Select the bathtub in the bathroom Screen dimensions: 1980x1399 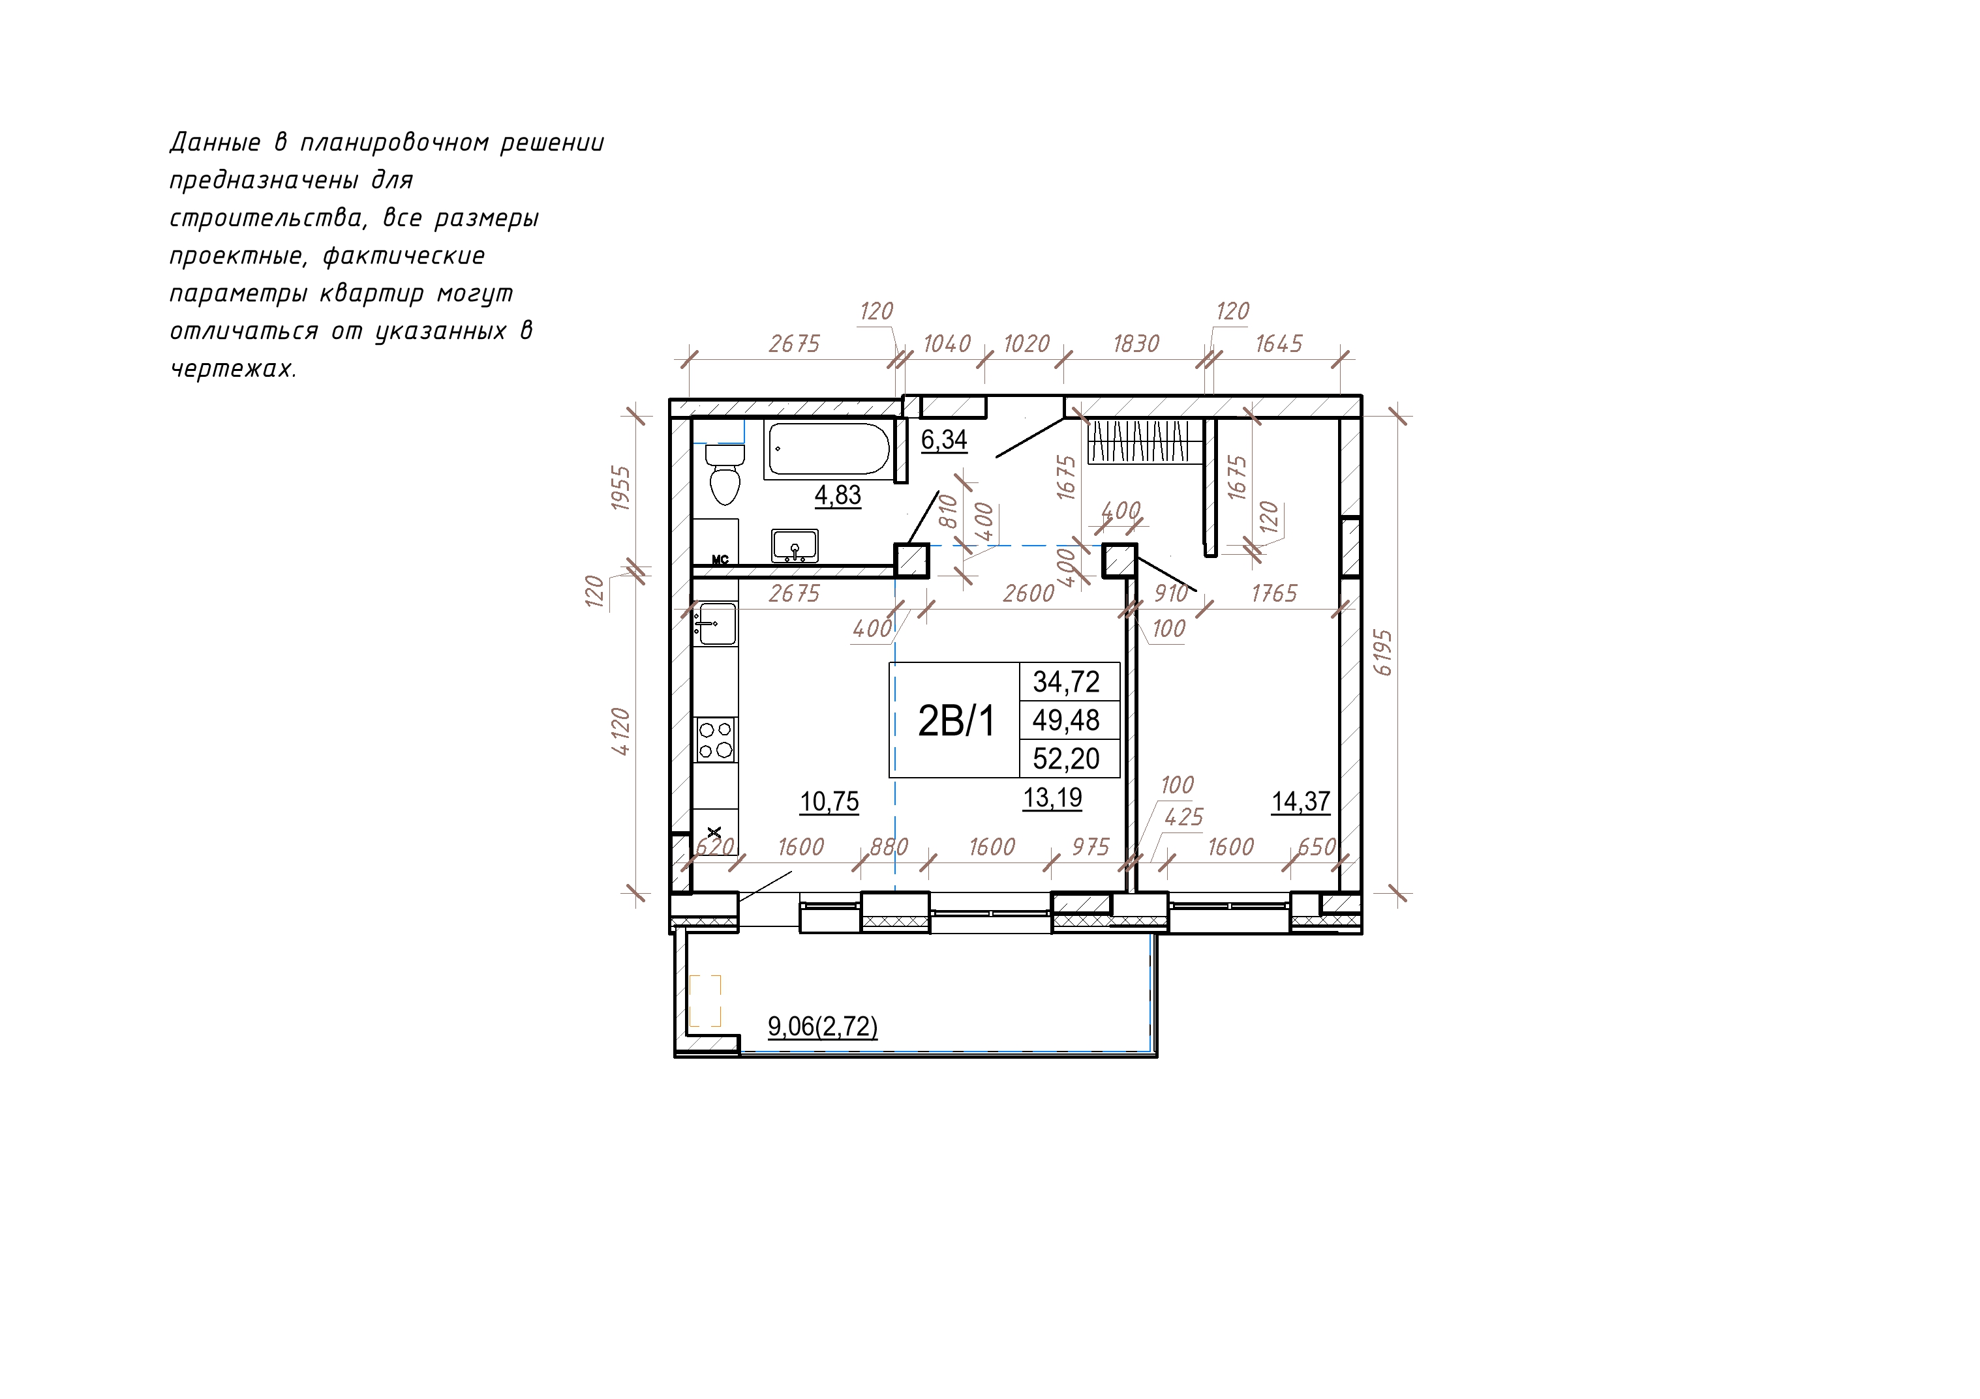point(828,449)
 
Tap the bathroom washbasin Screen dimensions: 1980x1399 point(794,546)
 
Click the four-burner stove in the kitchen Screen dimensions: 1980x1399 point(716,739)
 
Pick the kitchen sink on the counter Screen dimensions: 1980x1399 point(716,623)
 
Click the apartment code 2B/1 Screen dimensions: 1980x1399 point(956,720)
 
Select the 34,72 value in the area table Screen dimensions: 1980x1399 point(1067,682)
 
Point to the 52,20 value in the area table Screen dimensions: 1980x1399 point(1067,759)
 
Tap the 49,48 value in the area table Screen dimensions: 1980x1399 point(1067,720)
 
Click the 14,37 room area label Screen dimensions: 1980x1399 point(1300,802)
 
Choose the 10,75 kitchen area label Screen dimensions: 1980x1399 point(830,802)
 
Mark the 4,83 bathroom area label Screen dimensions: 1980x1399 point(838,495)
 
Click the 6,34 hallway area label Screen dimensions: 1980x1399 point(944,439)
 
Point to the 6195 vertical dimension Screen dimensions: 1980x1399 point(1382,653)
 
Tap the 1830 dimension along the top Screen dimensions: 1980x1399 point(1136,344)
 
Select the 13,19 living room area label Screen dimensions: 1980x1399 point(1053,798)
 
